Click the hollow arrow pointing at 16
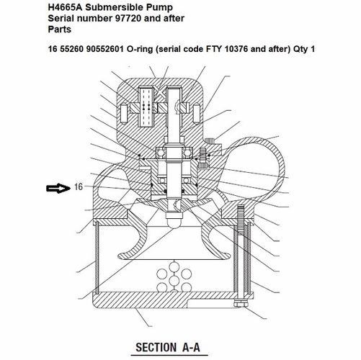coord(57,189)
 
